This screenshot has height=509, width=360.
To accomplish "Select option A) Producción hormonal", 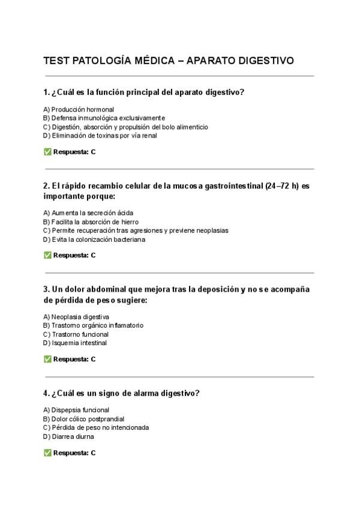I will [x=79, y=109].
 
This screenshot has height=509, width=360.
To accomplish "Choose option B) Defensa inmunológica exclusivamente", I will [x=104, y=118].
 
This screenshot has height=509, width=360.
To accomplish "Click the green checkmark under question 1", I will [x=47, y=152].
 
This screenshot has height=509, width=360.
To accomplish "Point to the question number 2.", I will [x=46, y=186].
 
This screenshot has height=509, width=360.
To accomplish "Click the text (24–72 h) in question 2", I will [x=282, y=186].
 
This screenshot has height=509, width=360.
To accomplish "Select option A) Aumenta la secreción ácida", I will [x=88, y=212].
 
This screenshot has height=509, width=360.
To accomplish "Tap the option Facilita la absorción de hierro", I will [x=90, y=221].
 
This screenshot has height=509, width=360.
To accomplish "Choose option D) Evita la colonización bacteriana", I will [x=94, y=239].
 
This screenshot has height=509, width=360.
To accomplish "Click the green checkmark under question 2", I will [x=47, y=255].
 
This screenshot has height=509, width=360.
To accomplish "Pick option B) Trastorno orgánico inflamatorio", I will [x=93, y=325].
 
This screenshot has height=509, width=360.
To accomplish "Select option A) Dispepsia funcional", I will [x=76, y=410].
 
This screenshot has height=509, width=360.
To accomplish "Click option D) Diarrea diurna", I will [x=68, y=436].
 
